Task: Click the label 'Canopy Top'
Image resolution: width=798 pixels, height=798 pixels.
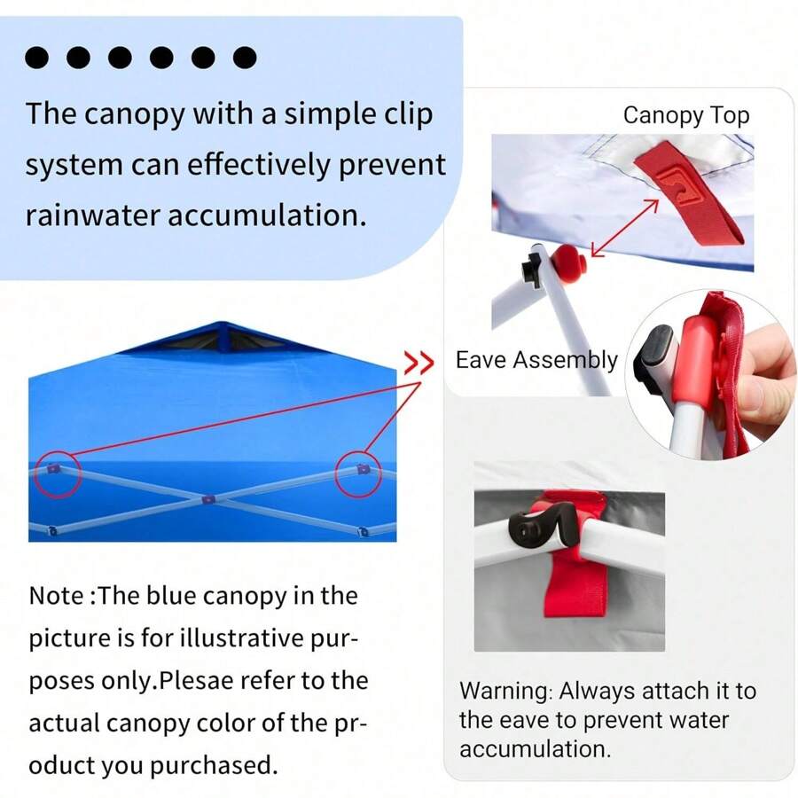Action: coord(685,115)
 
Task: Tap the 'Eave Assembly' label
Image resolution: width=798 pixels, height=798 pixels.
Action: coord(536,360)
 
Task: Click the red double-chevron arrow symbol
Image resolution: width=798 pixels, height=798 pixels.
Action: coord(419,363)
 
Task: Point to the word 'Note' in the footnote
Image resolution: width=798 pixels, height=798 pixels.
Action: coord(58,596)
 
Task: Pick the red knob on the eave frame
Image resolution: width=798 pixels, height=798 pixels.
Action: coord(568,262)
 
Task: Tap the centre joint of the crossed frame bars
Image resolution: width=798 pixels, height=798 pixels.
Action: coord(207,500)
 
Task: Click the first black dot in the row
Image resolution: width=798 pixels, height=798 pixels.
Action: coord(36,59)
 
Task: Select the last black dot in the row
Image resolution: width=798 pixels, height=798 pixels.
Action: coord(245,59)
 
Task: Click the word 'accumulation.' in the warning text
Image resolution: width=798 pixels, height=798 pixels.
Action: coord(535,748)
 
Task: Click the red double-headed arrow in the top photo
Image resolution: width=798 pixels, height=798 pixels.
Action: coord(624,229)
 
